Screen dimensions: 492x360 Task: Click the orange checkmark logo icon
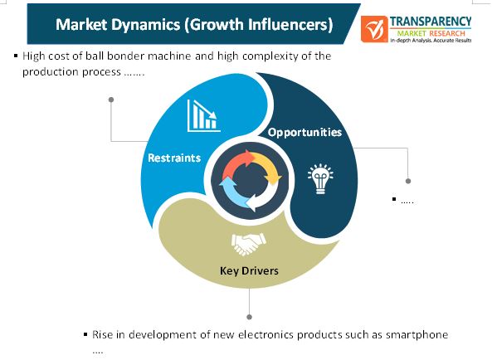374,29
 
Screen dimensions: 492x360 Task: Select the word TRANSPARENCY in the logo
431,22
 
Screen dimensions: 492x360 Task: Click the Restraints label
174,158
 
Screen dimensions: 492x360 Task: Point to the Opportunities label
304,133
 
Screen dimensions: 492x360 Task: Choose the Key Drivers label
249,270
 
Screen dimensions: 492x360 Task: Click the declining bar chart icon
203,116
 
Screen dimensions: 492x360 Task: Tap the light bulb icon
320,178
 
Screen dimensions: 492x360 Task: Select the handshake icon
249,244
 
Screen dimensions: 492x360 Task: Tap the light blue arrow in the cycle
233,192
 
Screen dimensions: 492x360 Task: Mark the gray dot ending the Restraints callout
111,100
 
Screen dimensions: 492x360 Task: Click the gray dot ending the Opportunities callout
408,181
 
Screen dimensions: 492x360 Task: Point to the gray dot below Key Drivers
249,317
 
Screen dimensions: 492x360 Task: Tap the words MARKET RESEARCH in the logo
431,33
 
